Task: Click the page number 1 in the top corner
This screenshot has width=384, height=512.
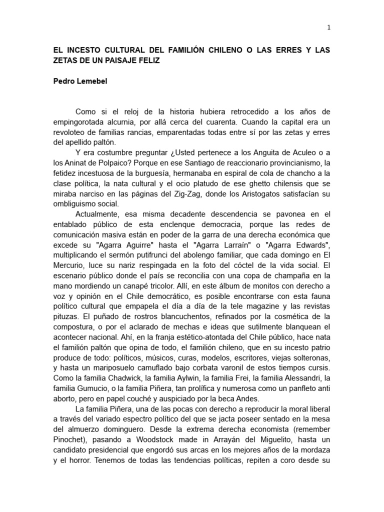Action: point(328,28)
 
